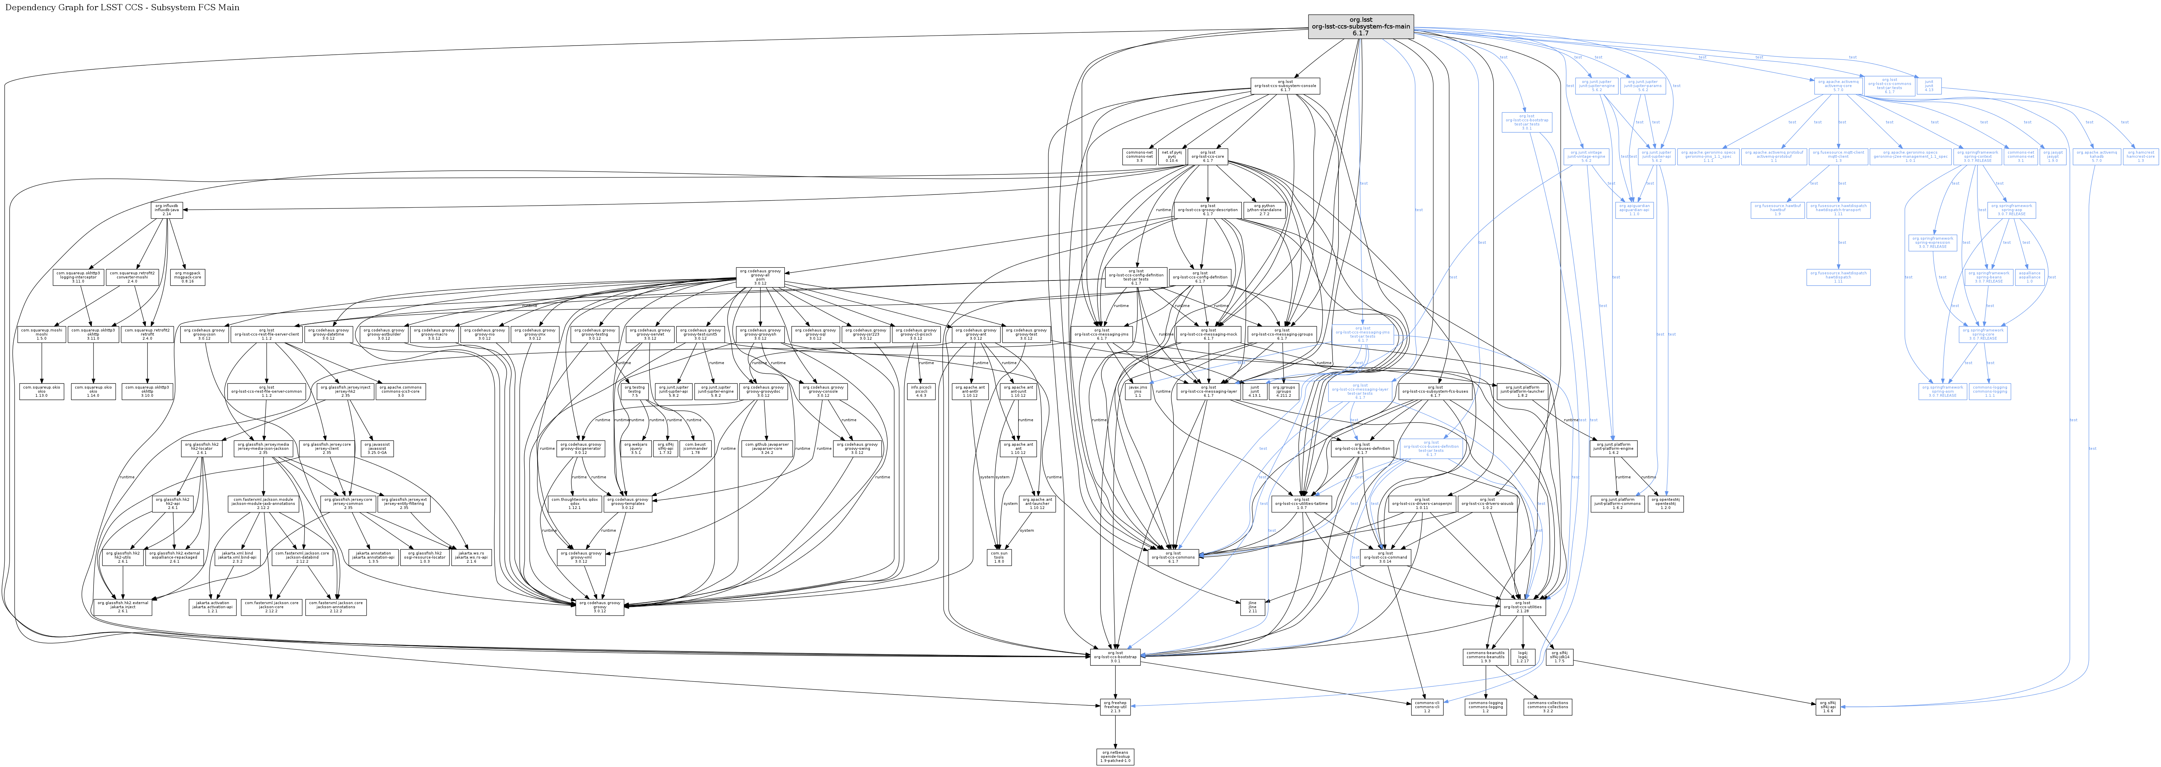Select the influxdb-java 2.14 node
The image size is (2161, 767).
coord(168,211)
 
